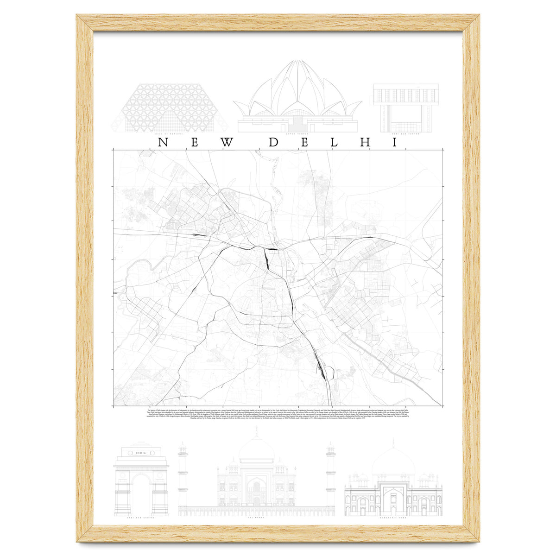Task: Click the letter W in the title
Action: pyautogui.click(x=227, y=142)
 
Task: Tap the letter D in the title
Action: pyautogui.click(x=274, y=142)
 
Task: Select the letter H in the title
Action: pyautogui.click(x=365, y=142)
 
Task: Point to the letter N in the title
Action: pyautogui.click(x=163, y=142)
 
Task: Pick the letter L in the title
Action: pyautogui.click(x=335, y=142)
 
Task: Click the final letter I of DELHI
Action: pyautogui.click(x=395, y=142)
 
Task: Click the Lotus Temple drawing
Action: pyautogui.click(x=297, y=100)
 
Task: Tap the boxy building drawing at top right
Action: pyautogui.click(x=405, y=107)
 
